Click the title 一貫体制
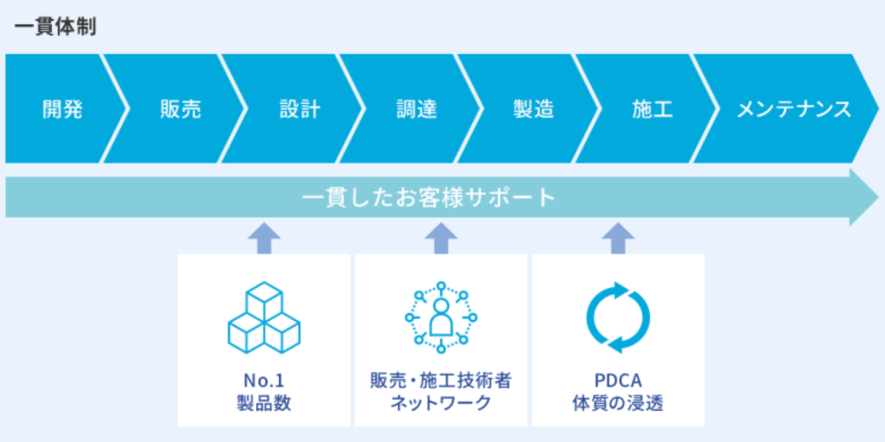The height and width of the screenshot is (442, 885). click(x=54, y=28)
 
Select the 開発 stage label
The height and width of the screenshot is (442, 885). click(x=62, y=109)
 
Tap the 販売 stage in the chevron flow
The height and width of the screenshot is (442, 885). click(x=180, y=109)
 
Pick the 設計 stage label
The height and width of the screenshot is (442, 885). click(x=300, y=109)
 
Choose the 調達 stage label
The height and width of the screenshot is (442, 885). click(x=417, y=109)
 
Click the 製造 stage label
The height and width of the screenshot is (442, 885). click(x=533, y=109)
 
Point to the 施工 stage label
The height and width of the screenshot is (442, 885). click(x=653, y=109)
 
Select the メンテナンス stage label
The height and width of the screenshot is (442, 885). click(x=794, y=109)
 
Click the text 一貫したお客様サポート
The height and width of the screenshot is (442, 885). click(x=429, y=198)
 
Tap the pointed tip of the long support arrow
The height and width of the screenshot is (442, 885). click(x=878, y=198)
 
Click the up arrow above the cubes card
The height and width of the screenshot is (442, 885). click(x=264, y=238)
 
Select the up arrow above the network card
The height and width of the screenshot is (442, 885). click(x=442, y=238)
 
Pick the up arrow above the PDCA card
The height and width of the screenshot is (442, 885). click(x=618, y=238)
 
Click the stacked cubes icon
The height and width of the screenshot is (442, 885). click(x=264, y=317)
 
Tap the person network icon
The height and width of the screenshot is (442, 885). click(x=441, y=317)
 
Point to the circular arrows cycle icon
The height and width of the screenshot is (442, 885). click(x=618, y=317)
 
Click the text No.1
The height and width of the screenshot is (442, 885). click(x=264, y=380)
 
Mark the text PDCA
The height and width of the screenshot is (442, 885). click(x=618, y=380)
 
